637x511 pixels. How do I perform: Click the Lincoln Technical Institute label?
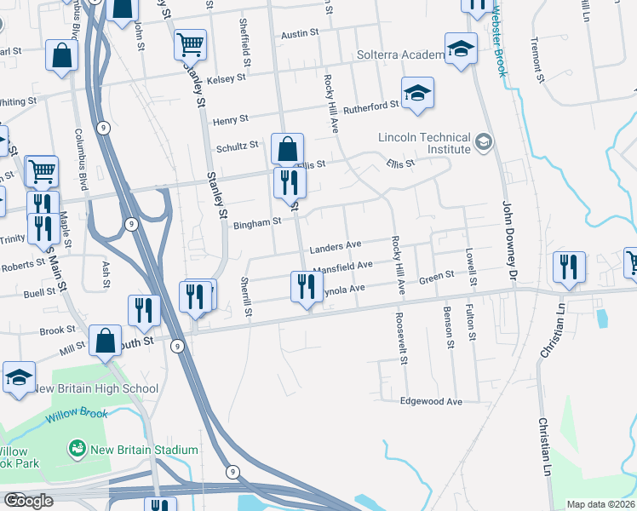click(x=425, y=143)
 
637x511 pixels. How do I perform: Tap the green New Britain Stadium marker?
click(x=77, y=448)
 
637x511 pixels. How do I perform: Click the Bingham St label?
click(x=256, y=222)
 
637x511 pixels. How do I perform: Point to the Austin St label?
click(x=299, y=33)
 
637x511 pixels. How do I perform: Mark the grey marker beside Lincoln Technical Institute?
click(x=485, y=141)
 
